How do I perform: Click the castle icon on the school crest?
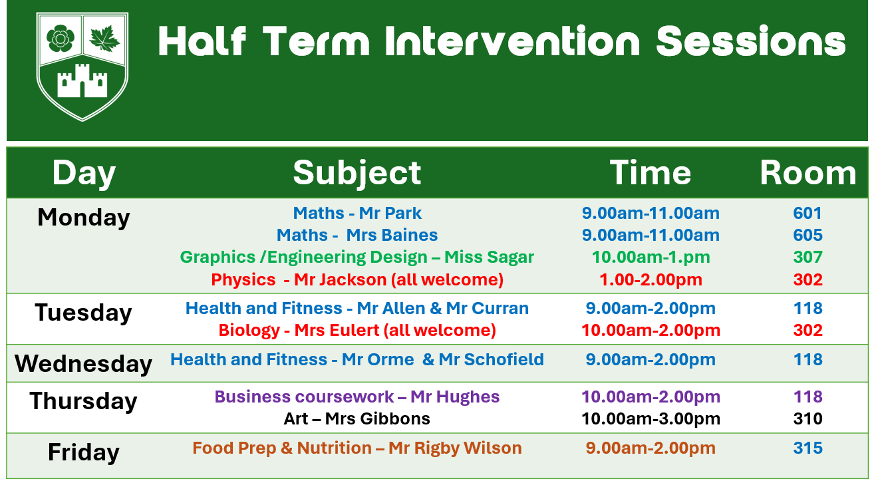[x=82, y=81]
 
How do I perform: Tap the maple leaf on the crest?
[x=104, y=39]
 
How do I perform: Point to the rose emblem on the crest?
[x=61, y=39]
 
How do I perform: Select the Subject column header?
[x=357, y=173]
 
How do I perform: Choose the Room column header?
[x=808, y=173]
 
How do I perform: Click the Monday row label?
[x=84, y=218]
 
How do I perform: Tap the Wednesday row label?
[x=83, y=364]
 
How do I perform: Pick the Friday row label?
[x=84, y=452]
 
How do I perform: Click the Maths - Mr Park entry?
[x=357, y=213]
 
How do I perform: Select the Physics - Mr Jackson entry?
[x=357, y=279]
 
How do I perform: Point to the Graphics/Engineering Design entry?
[x=357, y=257]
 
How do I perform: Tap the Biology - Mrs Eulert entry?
[x=357, y=330]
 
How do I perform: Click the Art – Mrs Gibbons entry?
[x=357, y=418]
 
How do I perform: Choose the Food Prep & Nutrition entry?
[x=357, y=448]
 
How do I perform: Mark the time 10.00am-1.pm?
[x=651, y=257]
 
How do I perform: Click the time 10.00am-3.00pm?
[x=651, y=419]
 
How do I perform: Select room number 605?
[x=808, y=235]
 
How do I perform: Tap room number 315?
[x=808, y=448]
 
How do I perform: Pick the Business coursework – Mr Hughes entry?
[x=357, y=397]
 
